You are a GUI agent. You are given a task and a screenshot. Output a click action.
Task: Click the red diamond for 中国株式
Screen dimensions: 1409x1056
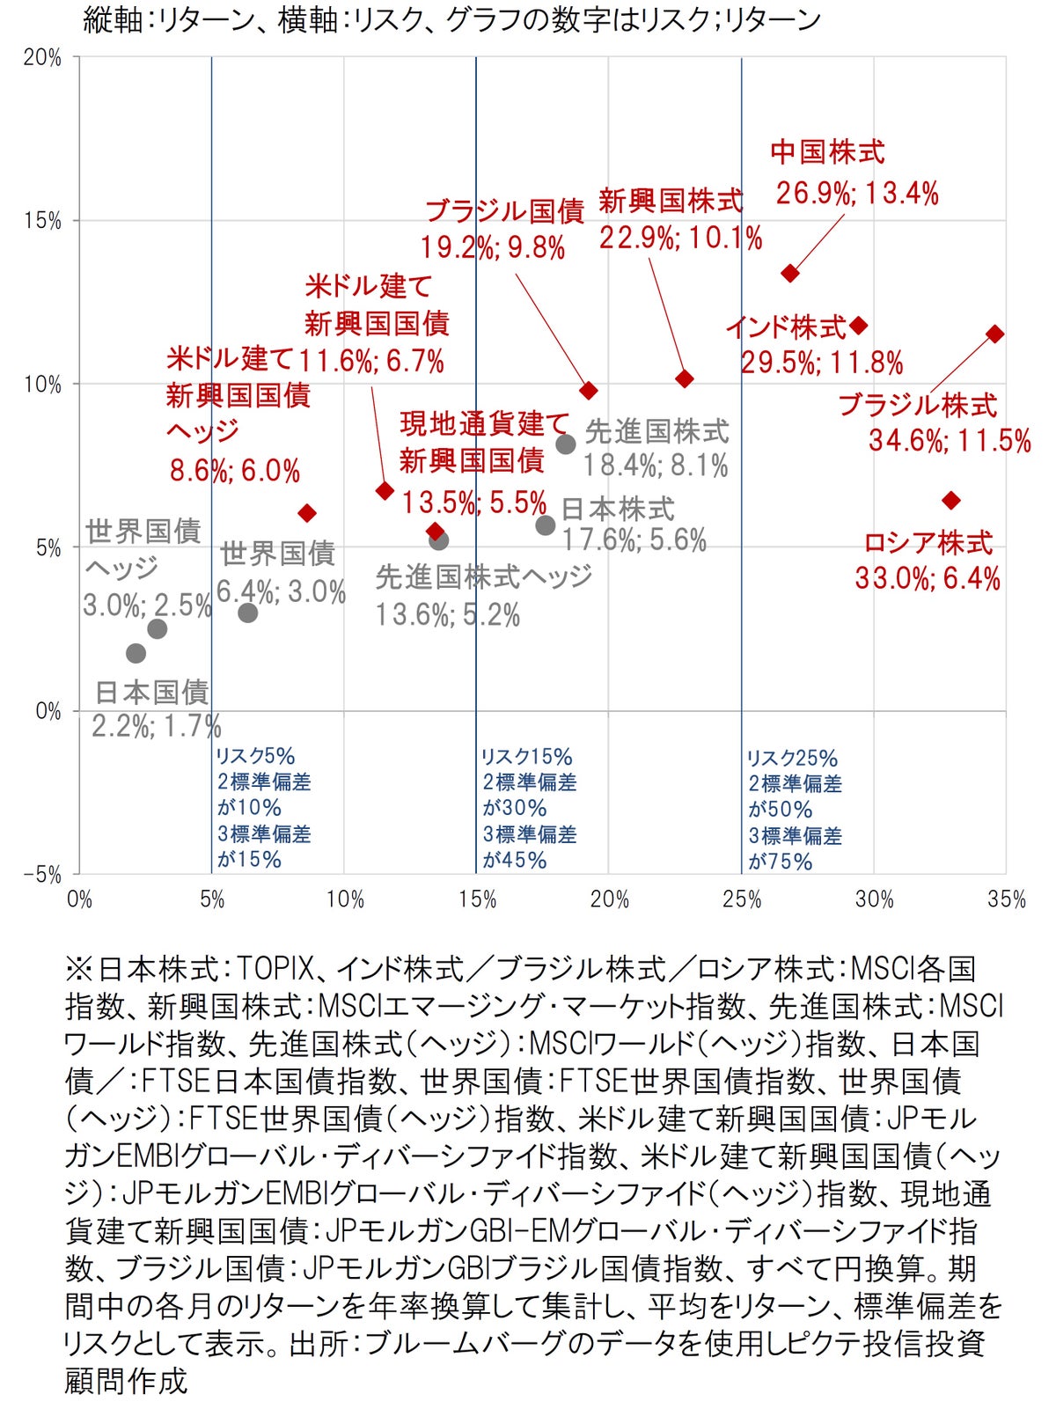(x=790, y=273)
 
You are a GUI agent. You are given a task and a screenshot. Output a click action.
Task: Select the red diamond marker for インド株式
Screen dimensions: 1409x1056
(x=859, y=326)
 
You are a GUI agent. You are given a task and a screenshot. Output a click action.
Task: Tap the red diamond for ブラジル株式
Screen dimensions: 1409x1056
(x=994, y=334)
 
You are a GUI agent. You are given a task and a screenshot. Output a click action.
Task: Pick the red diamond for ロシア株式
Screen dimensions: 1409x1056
(x=950, y=500)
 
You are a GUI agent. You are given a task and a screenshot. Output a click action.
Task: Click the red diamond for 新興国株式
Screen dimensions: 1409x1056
(x=685, y=378)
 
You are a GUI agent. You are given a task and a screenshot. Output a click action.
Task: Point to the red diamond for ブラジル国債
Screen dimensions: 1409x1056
(x=589, y=390)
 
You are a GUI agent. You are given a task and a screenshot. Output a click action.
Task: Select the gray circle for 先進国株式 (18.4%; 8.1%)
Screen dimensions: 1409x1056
(x=566, y=444)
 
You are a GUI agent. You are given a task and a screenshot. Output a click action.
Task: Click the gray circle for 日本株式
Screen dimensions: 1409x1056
(x=546, y=525)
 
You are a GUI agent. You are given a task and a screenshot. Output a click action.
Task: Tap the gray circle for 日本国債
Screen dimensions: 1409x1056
(x=136, y=653)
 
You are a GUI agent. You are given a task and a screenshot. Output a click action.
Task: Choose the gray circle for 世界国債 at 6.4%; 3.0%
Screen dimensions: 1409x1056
(x=248, y=613)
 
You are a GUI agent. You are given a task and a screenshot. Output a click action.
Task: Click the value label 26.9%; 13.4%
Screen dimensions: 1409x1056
(x=857, y=193)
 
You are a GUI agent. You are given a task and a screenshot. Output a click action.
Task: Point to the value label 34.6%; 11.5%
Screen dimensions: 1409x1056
(x=950, y=440)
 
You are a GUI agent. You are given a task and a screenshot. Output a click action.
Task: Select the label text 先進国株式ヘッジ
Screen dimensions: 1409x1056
(x=484, y=577)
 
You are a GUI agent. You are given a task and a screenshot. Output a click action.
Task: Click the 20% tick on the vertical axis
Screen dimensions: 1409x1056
(x=42, y=58)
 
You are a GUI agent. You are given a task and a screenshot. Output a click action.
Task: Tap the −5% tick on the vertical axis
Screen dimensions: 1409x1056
(x=42, y=875)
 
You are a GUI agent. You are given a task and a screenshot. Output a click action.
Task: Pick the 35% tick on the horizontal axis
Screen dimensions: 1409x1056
(x=1007, y=899)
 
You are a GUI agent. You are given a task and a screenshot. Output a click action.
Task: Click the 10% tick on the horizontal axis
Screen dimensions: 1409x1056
(x=345, y=899)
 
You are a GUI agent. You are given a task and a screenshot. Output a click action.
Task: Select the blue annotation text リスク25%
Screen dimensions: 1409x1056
(x=792, y=758)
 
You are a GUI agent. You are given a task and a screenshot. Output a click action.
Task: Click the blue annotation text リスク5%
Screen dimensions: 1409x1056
(x=255, y=756)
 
